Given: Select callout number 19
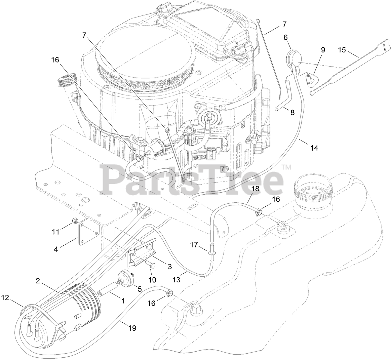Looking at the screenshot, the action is click(x=132, y=327).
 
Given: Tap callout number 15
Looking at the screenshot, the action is click(x=342, y=50).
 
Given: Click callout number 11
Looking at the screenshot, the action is click(x=56, y=231).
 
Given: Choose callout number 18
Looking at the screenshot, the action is click(x=256, y=189).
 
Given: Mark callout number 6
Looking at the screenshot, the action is click(x=286, y=37).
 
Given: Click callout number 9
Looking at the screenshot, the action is click(x=323, y=50).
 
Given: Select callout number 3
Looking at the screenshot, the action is click(x=160, y=267).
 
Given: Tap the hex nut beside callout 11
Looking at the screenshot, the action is click(x=75, y=221).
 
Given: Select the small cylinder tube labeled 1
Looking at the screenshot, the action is click(x=109, y=289).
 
